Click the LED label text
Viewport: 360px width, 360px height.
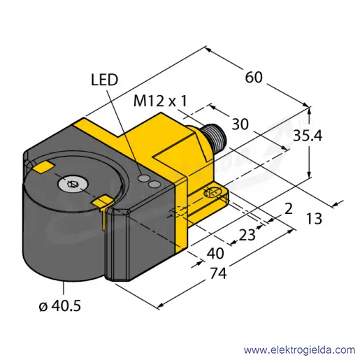coord(104,80)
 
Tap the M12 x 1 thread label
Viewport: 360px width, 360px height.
coord(160,101)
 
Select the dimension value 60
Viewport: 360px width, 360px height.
coord(254,78)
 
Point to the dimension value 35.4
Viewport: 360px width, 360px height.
coord(308,136)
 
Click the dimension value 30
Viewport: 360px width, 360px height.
coord(240,124)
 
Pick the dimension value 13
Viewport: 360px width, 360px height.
coord(314,219)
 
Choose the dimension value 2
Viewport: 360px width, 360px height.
coord(289,208)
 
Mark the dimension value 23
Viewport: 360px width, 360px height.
coord(247,235)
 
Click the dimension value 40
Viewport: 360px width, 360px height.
coord(215,253)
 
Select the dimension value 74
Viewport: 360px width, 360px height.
coord(218,273)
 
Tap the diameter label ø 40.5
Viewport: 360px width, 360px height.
coord(60,305)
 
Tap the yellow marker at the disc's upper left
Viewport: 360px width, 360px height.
coord(44,167)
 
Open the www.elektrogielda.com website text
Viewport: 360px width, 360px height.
coord(300,350)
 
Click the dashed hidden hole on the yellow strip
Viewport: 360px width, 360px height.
coord(178,212)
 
